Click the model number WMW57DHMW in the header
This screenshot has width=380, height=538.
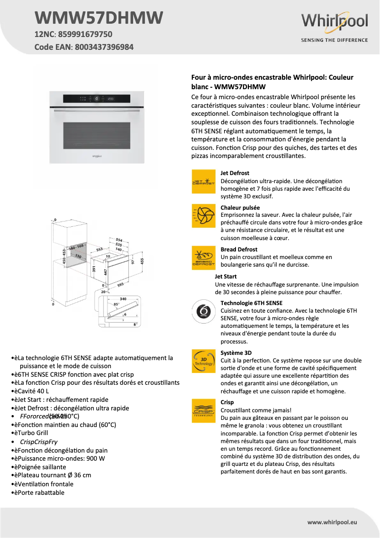coord(99,18)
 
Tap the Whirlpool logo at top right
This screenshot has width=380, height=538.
coord(335,22)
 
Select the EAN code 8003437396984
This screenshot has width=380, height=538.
coord(104,47)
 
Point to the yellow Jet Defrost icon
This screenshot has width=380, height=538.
coord(203,182)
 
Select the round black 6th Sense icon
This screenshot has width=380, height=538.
coord(203,312)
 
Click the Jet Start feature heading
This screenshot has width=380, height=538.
coord(226,276)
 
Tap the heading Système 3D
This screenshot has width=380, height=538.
coord(236,353)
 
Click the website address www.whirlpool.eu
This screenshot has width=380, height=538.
coord(332,522)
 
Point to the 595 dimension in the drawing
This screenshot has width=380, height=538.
coord(120,285)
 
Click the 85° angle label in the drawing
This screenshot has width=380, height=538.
coord(117,304)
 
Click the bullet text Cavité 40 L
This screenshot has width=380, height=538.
coord(33,391)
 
